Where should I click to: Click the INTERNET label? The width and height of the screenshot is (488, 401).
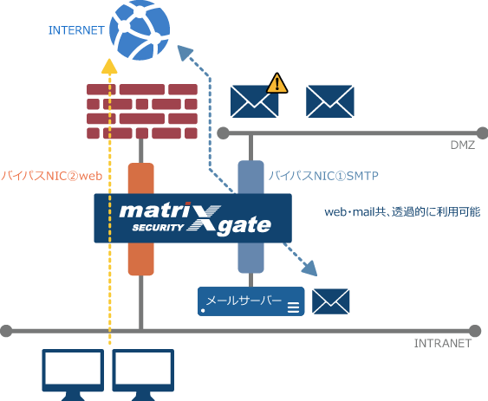pyautogui.click(x=77, y=30)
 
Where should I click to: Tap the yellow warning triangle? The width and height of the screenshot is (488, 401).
pyautogui.click(x=277, y=83)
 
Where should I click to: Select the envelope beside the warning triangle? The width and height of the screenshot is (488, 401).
pyautogui.click(x=254, y=102)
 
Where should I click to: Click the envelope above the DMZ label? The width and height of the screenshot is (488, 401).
pyautogui.click(x=330, y=101)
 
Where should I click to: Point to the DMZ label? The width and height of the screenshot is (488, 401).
pyautogui.click(x=462, y=145)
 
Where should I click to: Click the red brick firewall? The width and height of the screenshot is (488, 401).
pyautogui.click(x=142, y=111)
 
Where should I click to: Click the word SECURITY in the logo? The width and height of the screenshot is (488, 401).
pyautogui.click(x=159, y=229)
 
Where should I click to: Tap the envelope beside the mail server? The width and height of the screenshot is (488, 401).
pyautogui.click(x=330, y=301)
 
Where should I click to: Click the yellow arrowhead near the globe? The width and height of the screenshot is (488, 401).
pyautogui.click(x=108, y=65)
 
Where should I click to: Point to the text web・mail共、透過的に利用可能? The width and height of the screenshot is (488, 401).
pyautogui.click(x=401, y=211)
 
